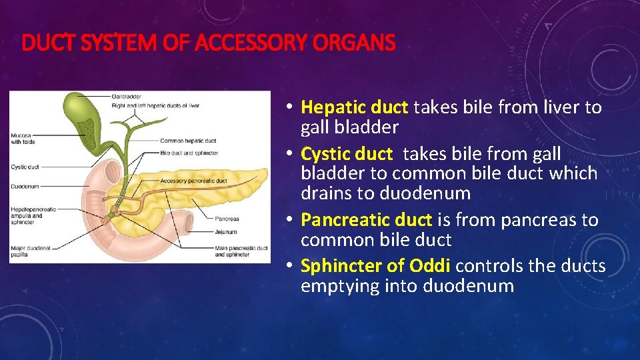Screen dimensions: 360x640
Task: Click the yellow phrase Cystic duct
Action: [x=347, y=154]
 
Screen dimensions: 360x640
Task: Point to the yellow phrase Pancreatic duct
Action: [x=367, y=220]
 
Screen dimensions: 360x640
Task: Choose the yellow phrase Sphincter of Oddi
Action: [x=376, y=267]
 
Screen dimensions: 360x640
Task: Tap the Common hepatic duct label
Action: [x=188, y=141]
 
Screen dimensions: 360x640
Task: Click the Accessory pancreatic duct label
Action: [x=193, y=181]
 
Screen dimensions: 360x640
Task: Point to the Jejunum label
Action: [x=226, y=233]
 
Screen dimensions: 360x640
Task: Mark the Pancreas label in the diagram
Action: [x=227, y=219]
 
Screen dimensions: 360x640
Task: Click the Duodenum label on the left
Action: [x=25, y=187]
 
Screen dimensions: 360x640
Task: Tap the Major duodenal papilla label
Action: [x=31, y=251]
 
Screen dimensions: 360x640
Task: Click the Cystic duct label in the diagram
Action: [x=25, y=167]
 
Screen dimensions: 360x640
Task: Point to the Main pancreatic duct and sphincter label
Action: [x=241, y=251]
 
